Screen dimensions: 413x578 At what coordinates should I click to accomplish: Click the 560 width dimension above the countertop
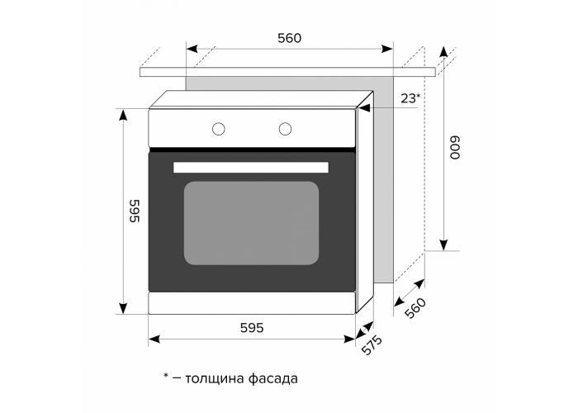tap(289, 37)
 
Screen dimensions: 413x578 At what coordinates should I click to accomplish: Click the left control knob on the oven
tap(219, 128)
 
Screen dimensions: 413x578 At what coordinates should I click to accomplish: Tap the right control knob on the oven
tap(286, 128)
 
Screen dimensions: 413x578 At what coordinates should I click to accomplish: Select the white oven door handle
tap(251, 167)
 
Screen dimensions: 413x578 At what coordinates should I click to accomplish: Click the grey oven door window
tap(251, 223)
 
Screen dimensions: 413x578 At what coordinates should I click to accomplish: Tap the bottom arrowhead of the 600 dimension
tap(443, 244)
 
